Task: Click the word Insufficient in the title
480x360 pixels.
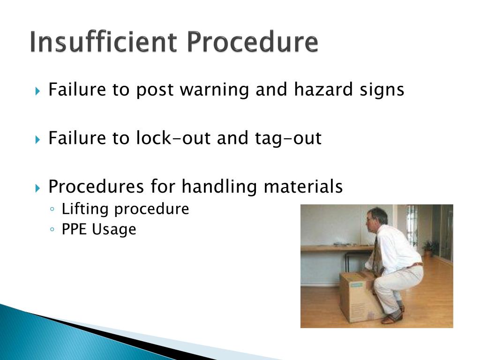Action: [104, 42]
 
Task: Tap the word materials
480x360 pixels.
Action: [303, 187]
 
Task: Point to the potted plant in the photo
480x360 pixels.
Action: [428, 247]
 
